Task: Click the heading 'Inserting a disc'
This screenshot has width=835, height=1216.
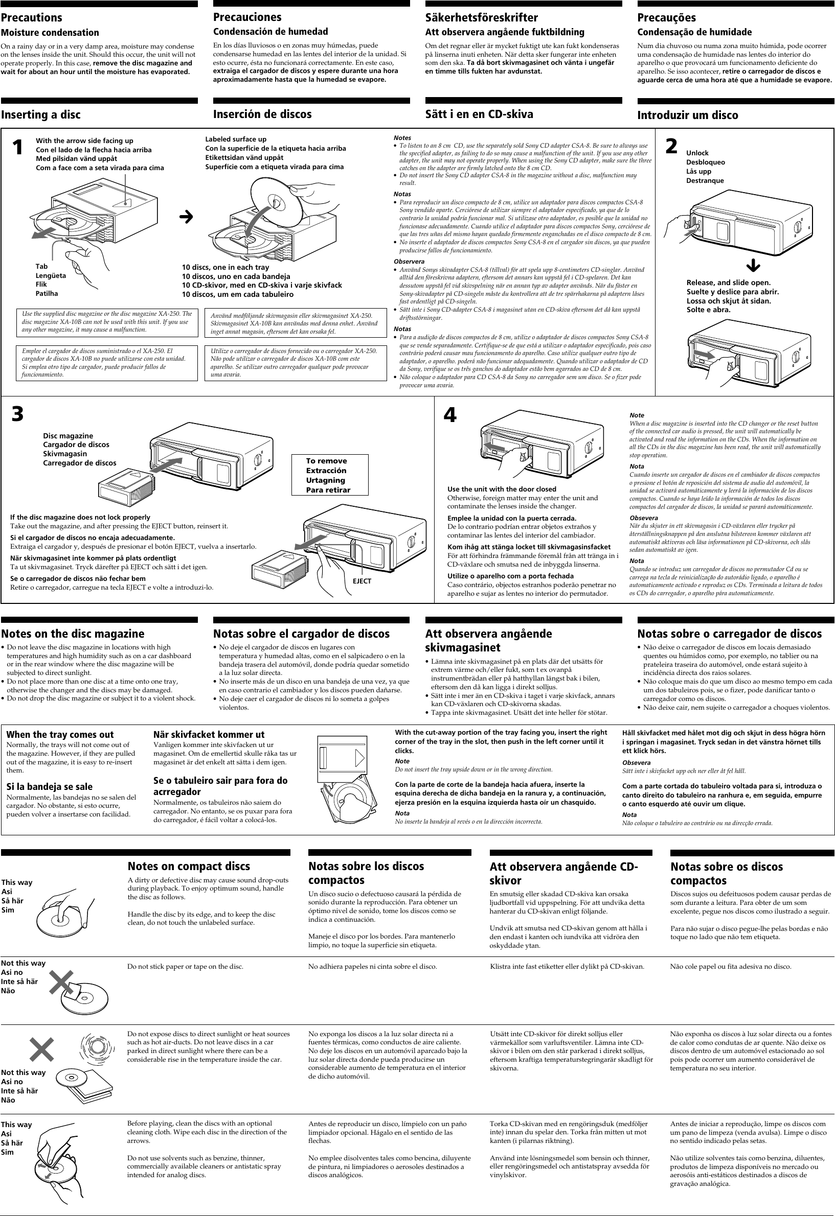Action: [x=41, y=114]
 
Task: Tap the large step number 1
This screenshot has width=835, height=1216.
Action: [x=18, y=148]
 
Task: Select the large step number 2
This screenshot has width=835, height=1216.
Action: [x=671, y=147]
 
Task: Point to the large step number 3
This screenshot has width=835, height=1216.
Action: [x=17, y=414]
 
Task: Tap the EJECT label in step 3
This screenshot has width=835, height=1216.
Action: [x=362, y=581]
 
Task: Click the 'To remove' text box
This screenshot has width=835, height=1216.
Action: [x=329, y=475]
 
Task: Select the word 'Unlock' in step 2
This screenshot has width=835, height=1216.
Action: [x=697, y=153]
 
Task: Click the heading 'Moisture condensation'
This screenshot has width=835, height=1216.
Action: [x=50, y=32]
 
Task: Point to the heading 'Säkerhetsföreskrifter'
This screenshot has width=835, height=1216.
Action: [x=482, y=17]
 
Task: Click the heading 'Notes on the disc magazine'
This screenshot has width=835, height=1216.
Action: [x=73, y=634]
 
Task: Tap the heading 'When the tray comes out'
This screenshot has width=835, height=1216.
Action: [x=60, y=735]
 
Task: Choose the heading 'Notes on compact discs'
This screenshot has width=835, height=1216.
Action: [x=189, y=866]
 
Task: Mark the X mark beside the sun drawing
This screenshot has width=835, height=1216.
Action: [x=42, y=1049]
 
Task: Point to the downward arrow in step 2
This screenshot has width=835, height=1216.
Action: [x=753, y=266]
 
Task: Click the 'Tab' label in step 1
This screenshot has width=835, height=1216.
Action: [x=41, y=266]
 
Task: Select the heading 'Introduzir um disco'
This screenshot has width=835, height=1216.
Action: [x=687, y=115]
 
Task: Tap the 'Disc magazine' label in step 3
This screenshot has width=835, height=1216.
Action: [x=68, y=436]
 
